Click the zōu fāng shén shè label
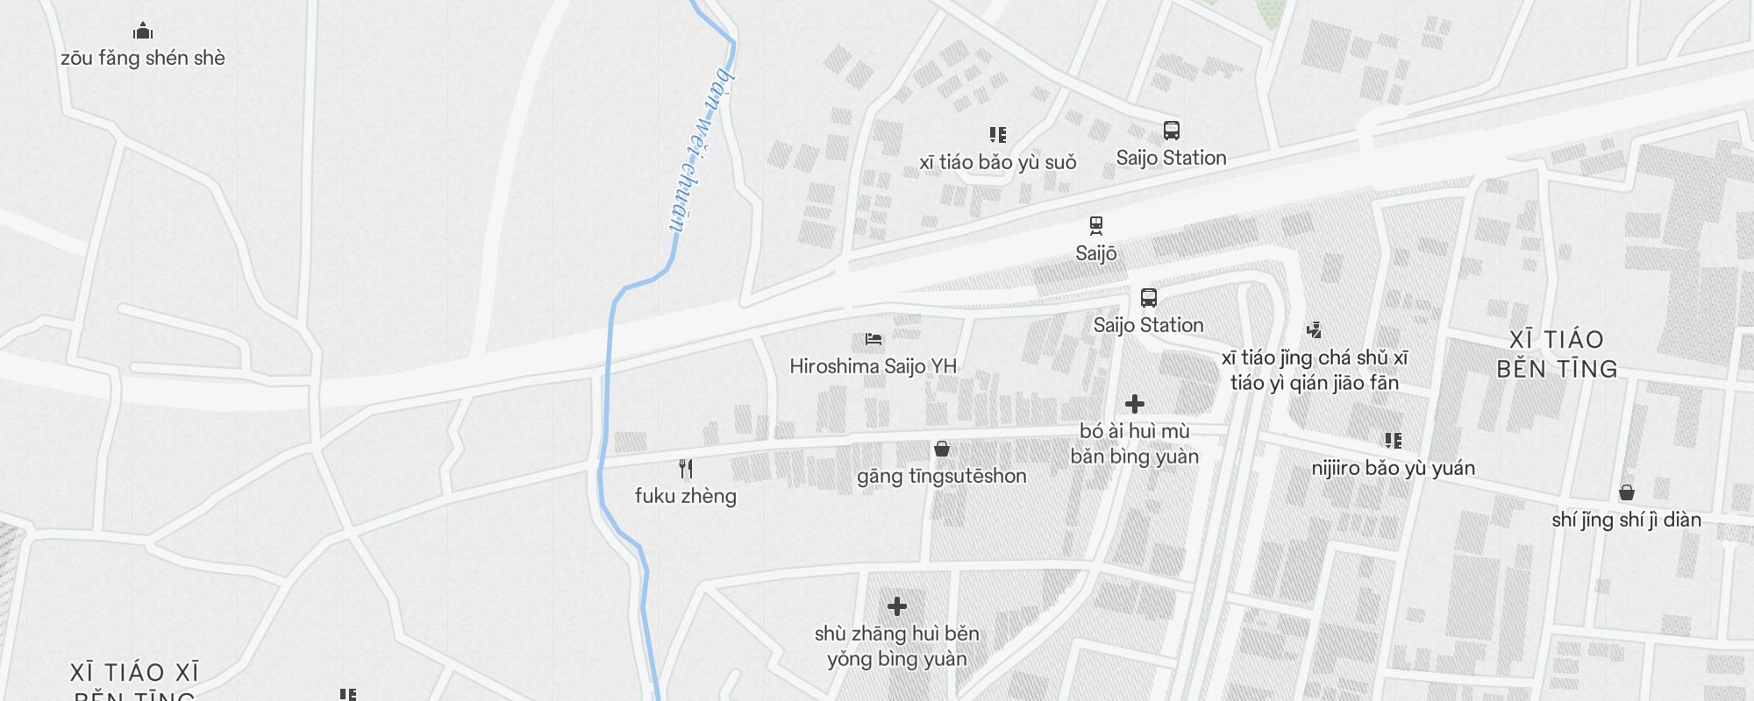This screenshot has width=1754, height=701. (143, 59)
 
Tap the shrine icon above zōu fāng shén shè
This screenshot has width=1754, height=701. (143, 32)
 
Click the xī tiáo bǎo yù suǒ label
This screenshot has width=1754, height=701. (998, 163)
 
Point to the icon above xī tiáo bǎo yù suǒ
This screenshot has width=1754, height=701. (998, 135)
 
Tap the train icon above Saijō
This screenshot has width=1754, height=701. (1096, 226)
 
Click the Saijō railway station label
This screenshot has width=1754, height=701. (1096, 254)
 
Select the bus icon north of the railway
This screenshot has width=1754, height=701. (1172, 131)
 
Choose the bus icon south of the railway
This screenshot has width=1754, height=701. (1149, 298)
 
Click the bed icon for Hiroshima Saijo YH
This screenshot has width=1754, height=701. (873, 339)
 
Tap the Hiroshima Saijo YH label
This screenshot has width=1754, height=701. (873, 366)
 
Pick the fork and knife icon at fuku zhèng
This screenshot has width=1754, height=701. (686, 469)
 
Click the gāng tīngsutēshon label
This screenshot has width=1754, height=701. (942, 477)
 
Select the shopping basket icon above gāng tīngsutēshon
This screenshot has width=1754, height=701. (942, 450)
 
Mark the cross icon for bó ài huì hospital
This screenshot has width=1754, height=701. (1135, 404)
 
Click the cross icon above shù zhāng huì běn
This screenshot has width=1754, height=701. (897, 606)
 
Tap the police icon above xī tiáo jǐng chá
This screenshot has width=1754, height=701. (1314, 330)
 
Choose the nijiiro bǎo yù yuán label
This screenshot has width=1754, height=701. (1394, 469)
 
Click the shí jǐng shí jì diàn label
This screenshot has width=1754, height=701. (1627, 520)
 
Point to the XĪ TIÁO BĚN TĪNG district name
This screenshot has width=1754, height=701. (1558, 354)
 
